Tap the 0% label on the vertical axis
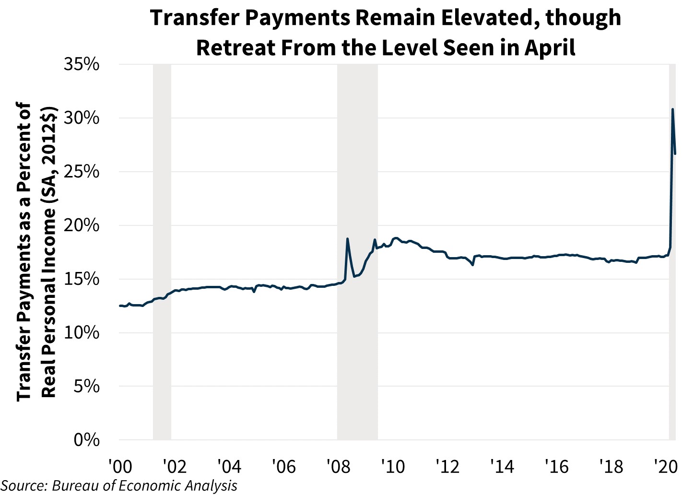point(86,440)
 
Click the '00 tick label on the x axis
point(119,466)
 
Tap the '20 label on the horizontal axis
point(666,466)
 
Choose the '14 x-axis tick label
point(502,466)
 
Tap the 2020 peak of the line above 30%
point(672,109)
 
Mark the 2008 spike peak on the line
point(347,238)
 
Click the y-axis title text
point(36,252)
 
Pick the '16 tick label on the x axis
point(556,466)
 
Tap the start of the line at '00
point(120,306)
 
